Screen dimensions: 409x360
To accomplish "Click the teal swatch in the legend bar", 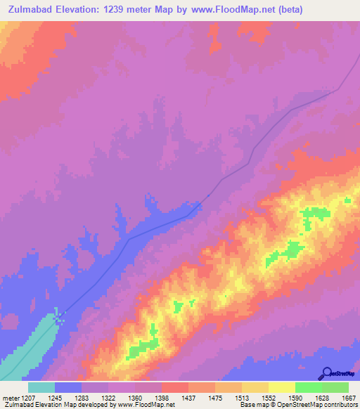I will (41, 387).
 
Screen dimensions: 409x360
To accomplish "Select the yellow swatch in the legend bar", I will (281, 387).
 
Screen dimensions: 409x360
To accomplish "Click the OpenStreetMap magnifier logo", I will (326, 372).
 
